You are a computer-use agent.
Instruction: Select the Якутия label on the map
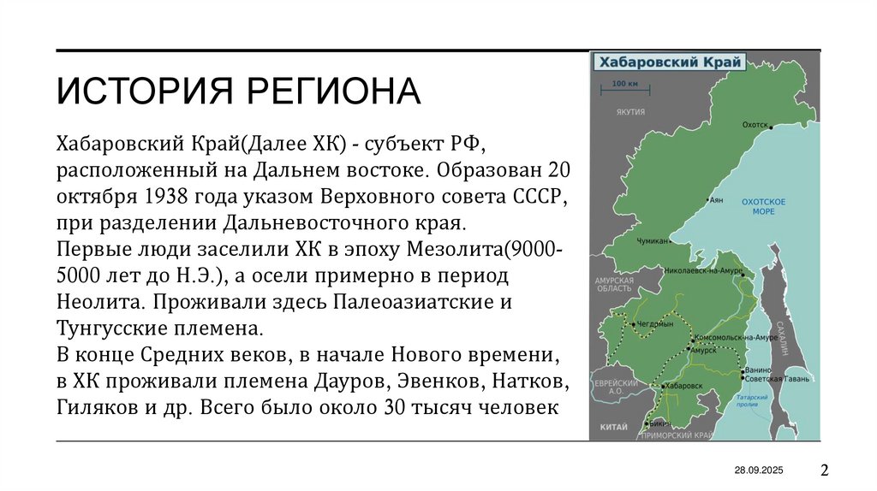(x=629, y=112)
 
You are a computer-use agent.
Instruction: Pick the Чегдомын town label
(x=655, y=324)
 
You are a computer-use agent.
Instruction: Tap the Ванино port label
(x=757, y=370)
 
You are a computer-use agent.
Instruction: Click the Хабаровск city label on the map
(x=683, y=386)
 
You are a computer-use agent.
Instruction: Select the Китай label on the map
(x=607, y=425)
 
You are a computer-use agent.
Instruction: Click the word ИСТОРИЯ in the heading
(x=137, y=91)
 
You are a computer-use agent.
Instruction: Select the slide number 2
(x=825, y=470)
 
